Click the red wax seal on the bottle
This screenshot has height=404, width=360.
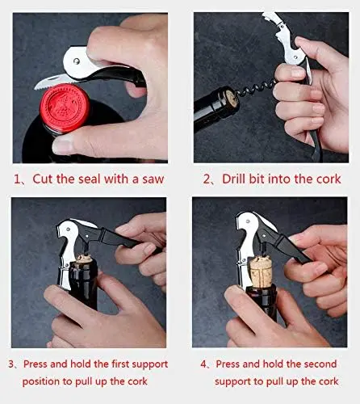click(x=65, y=108)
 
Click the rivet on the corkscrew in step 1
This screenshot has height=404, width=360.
click(x=77, y=61)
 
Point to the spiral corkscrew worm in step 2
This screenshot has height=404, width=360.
click(x=257, y=88)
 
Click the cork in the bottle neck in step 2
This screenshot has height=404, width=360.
click(x=232, y=99)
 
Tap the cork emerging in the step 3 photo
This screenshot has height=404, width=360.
click(x=84, y=259)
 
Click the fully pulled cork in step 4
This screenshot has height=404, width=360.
click(x=261, y=271)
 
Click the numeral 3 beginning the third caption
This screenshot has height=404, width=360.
click(x=11, y=364)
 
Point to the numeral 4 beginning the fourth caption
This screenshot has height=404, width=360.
click(x=203, y=364)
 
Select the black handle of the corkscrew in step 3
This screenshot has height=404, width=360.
click(x=115, y=237)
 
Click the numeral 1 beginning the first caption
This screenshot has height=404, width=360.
click(x=16, y=179)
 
